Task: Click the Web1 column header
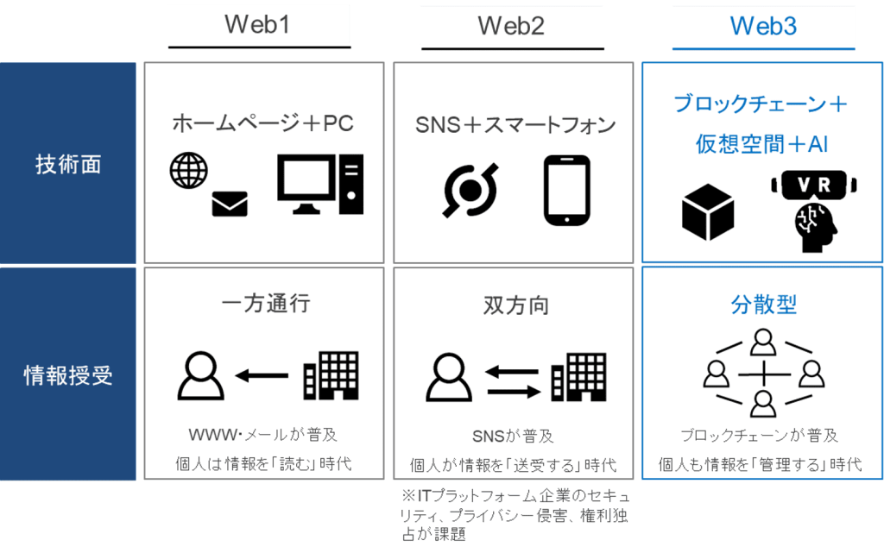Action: pyautogui.click(x=257, y=24)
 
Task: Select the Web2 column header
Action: pyautogui.click(x=511, y=25)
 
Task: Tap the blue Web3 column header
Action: pyautogui.click(x=763, y=26)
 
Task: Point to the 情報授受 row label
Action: pyautogui.click(x=68, y=375)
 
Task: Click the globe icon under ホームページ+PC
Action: pyautogui.click(x=189, y=170)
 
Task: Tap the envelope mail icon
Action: pyautogui.click(x=230, y=204)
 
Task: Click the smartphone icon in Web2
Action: pyautogui.click(x=566, y=190)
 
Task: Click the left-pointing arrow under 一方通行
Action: pyautogui.click(x=262, y=375)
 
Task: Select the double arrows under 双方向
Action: pyautogui.click(x=511, y=375)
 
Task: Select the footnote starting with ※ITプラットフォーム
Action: pyautogui.click(x=515, y=515)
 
